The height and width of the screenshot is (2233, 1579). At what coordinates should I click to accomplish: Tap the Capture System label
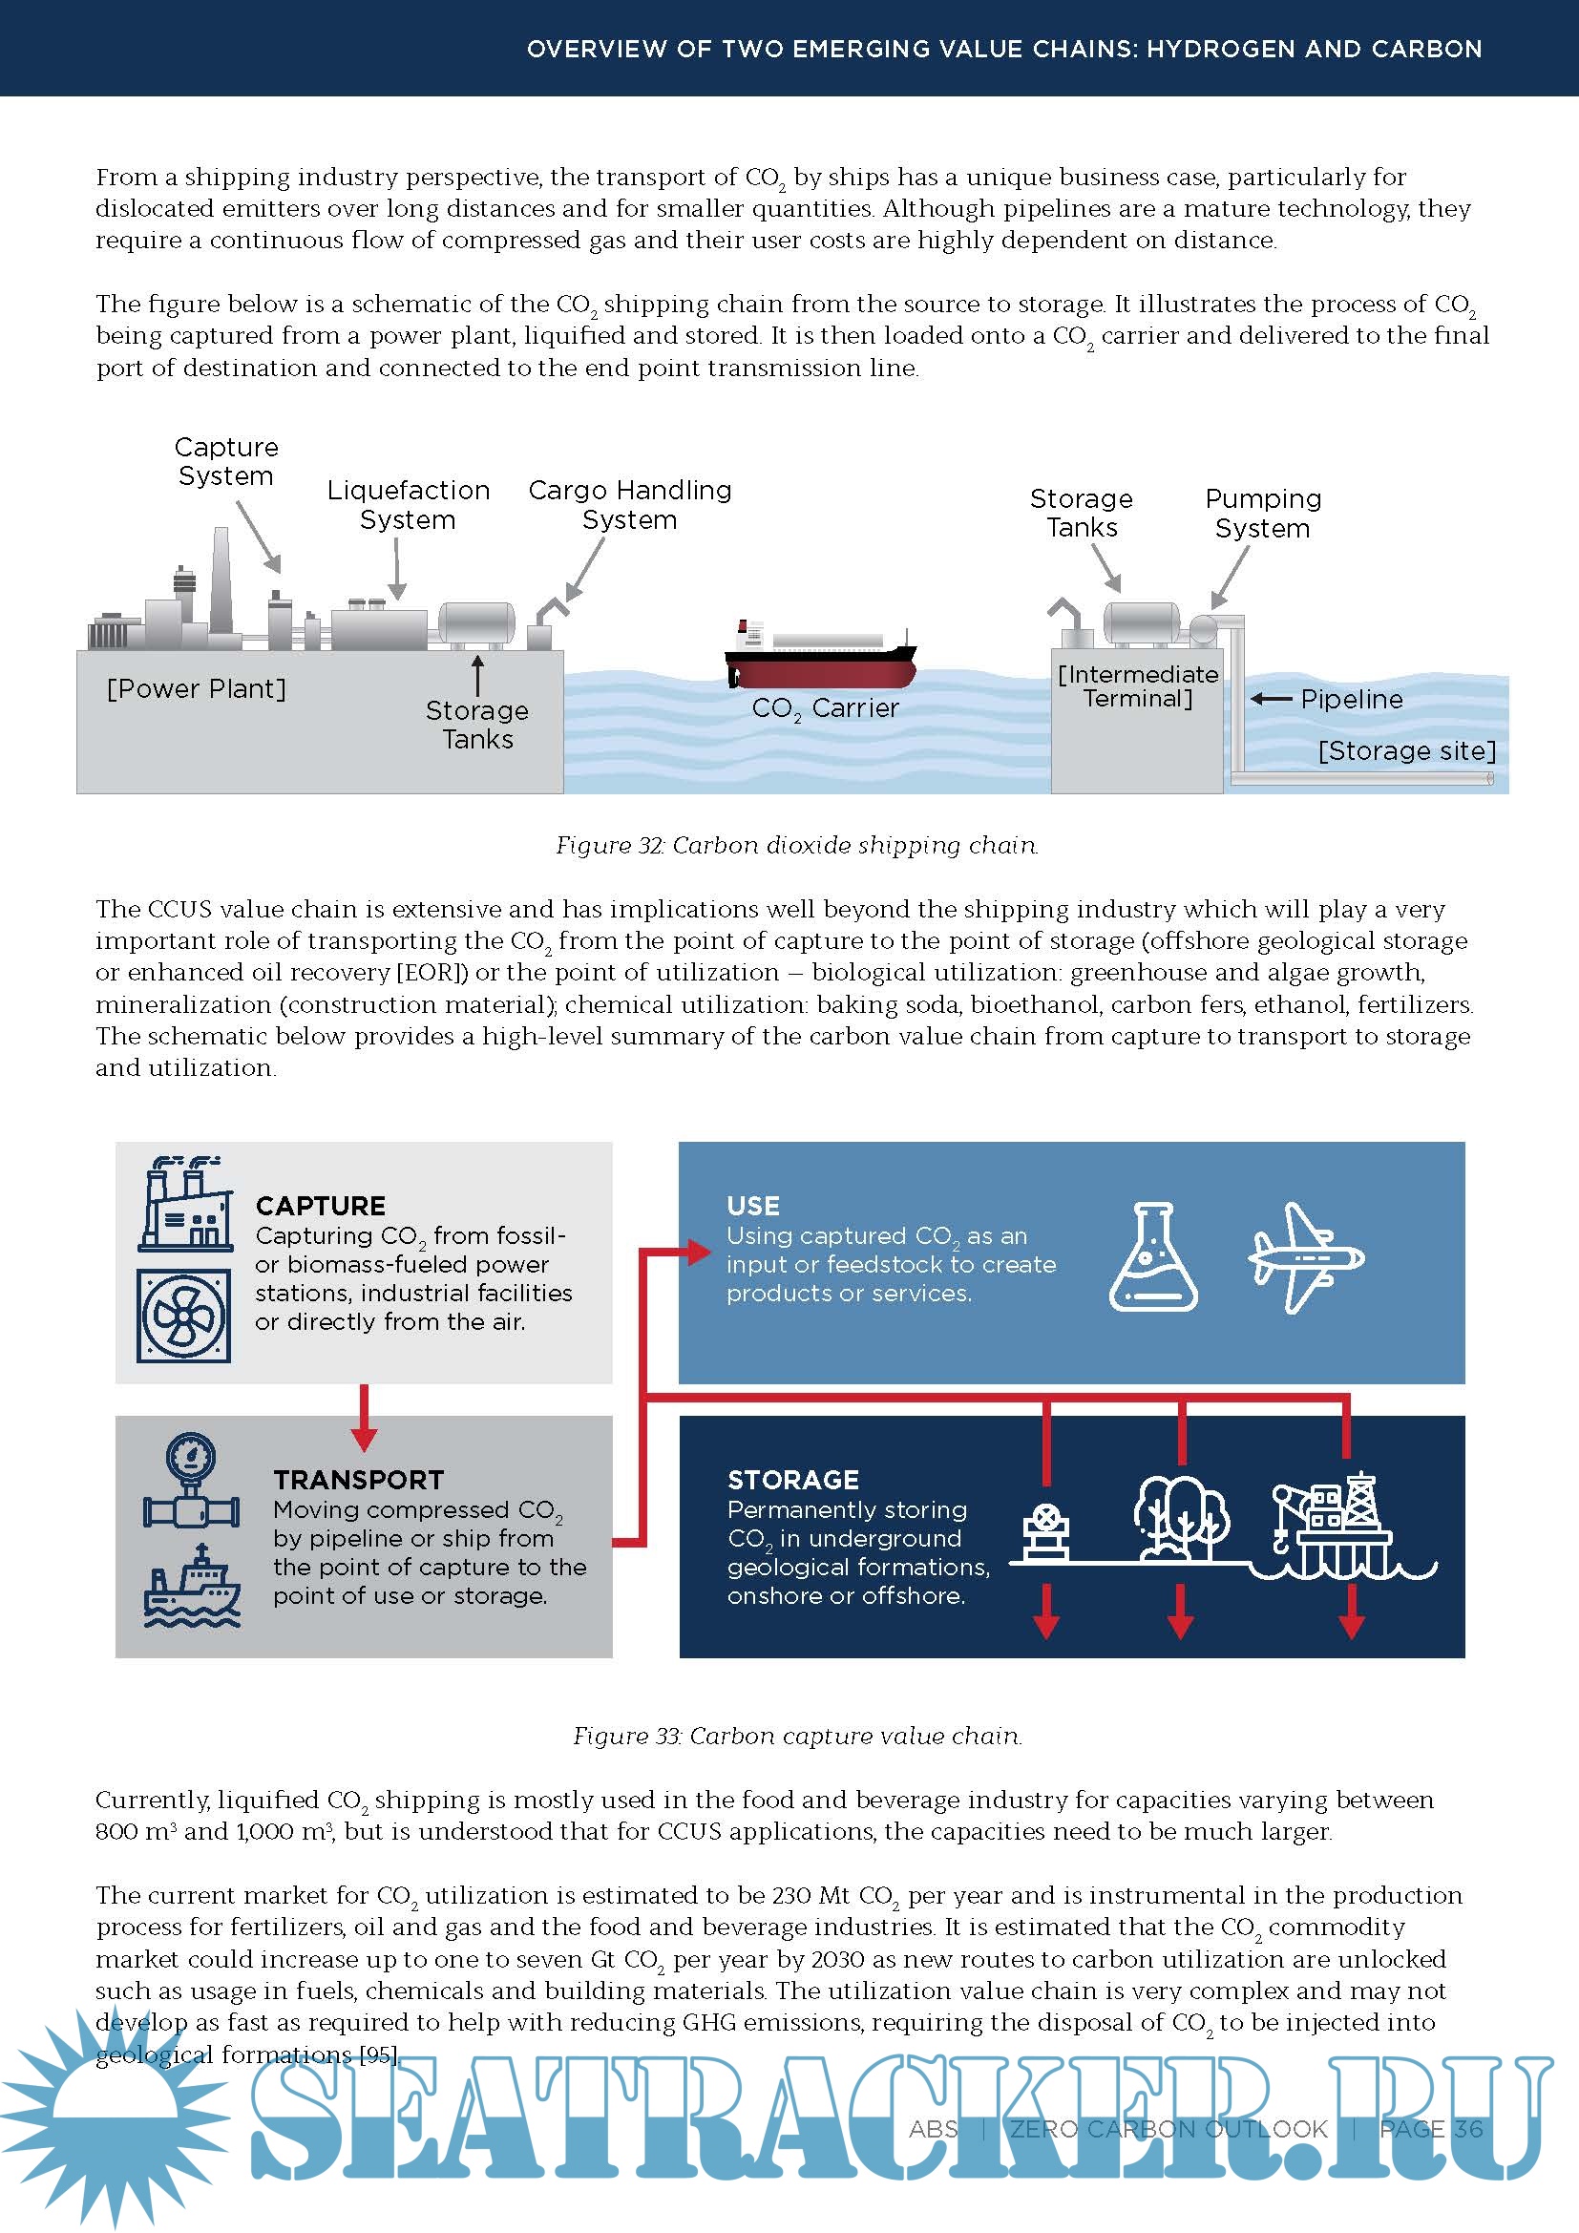click(226, 461)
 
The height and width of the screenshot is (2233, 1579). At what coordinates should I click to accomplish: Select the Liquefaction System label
click(409, 505)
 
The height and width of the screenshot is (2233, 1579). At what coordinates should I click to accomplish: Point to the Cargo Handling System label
click(630, 505)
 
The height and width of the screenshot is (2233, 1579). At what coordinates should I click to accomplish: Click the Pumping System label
click(1263, 514)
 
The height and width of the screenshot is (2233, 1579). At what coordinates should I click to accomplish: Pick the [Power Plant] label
click(197, 688)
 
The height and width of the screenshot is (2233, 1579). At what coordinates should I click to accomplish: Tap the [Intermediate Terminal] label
click(1138, 686)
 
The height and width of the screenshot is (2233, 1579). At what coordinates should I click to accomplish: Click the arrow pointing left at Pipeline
click(1271, 699)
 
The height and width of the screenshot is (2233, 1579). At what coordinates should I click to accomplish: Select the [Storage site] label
click(1407, 750)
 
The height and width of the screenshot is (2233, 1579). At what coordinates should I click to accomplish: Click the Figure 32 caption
click(797, 845)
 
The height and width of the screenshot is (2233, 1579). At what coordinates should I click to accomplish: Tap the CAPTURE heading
click(321, 1206)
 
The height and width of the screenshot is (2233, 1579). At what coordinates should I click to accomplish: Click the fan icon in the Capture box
click(183, 1316)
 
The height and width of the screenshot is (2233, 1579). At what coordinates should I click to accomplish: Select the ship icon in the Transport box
click(192, 1586)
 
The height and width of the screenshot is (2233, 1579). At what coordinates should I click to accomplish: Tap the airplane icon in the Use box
click(1306, 1257)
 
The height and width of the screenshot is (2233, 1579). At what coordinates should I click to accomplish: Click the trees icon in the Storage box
click(1180, 1518)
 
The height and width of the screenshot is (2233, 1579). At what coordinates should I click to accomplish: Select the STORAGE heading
click(793, 1481)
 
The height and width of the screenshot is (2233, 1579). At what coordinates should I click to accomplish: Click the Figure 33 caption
click(797, 1736)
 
